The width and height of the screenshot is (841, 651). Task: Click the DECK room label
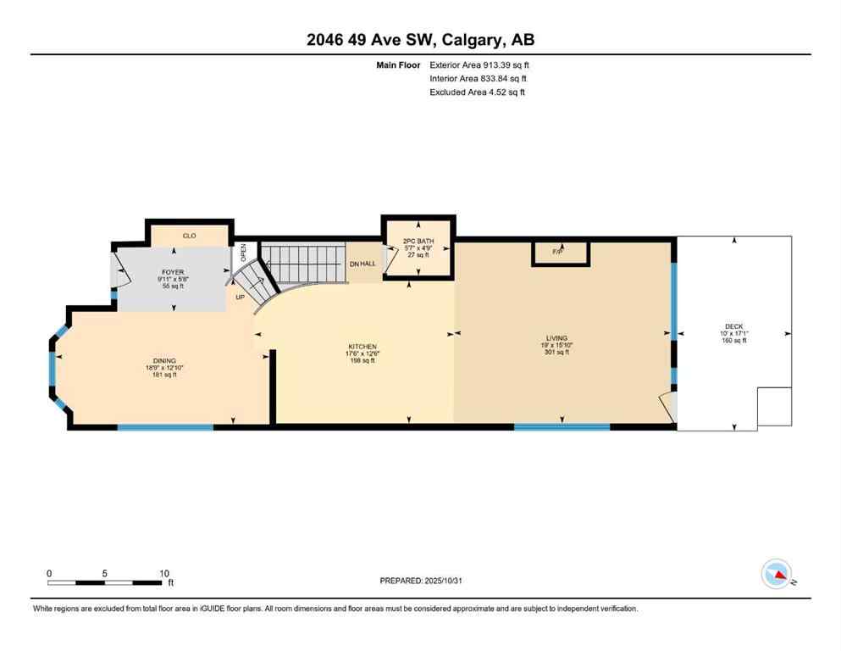click(x=733, y=326)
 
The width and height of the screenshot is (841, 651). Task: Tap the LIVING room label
click(x=556, y=338)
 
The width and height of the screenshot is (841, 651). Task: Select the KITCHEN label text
click(x=362, y=347)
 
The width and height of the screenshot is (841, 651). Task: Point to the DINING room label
click(x=164, y=361)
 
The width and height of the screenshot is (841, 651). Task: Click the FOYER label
click(x=173, y=272)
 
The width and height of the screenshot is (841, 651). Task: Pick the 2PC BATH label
click(x=418, y=242)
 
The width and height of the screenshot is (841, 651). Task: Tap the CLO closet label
click(x=189, y=236)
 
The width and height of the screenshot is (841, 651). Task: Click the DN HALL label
click(x=362, y=264)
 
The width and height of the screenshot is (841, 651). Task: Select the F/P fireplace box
click(x=558, y=252)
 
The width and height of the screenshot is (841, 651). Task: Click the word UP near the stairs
click(x=240, y=298)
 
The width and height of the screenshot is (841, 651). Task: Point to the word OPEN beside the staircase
click(x=244, y=252)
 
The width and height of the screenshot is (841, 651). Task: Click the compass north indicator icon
click(x=777, y=574)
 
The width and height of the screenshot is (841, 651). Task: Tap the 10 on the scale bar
click(x=163, y=573)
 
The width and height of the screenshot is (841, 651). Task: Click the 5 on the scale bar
click(x=105, y=573)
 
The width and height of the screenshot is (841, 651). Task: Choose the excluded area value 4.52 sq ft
click(x=490, y=92)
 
